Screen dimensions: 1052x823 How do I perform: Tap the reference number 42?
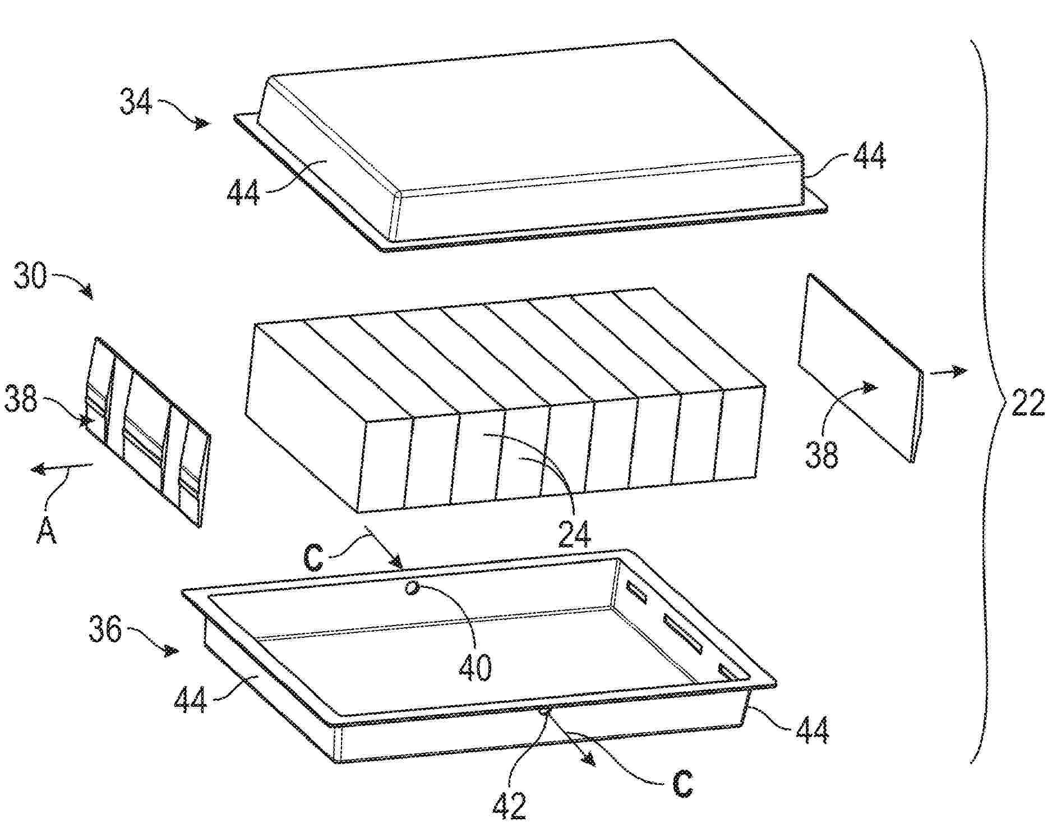point(510,805)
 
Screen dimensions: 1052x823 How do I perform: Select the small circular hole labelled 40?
point(413,587)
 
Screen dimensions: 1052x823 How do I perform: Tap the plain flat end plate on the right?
point(861,368)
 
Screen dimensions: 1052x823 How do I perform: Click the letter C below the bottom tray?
point(682,784)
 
